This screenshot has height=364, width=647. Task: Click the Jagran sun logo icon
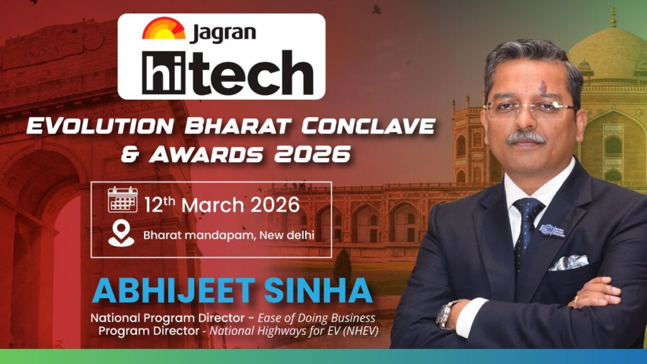pos(164,28)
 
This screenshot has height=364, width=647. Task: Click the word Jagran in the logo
pos(223,33)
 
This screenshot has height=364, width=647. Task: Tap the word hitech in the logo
pos(227,72)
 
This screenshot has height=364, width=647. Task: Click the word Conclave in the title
pos(368,126)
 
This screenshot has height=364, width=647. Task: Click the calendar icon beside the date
pos(123,200)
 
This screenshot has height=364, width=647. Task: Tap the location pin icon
pos(121,234)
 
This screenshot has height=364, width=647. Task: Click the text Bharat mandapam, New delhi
pos(229,235)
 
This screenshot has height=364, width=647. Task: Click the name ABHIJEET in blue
pos(174,291)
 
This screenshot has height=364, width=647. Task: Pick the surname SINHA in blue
pos(318,291)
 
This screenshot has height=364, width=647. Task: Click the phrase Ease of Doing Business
pos(317,318)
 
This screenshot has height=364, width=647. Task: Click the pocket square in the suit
pos(569,262)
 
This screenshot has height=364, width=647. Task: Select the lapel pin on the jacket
pos(552,230)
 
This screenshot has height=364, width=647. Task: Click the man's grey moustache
pos(526,137)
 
